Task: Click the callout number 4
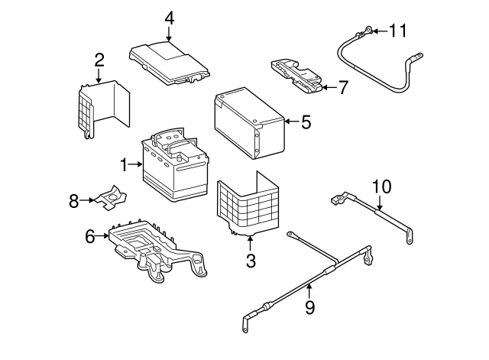click(x=170, y=18)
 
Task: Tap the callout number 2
click(x=99, y=60)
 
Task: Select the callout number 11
click(x=398, y=31)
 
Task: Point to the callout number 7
click(x=343, y=87)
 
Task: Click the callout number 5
click(x=306, y=122)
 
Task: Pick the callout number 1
click(x=124, y=165)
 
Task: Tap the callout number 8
click(x=73, y=201)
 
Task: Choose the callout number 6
click(x=90, y=236)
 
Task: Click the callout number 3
click(x=251, y=261)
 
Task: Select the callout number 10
click(x=382, y=186)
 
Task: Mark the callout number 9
click(x=309, y=307)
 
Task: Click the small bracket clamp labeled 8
click(x=111, y=197)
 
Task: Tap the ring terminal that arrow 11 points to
click(x=368, y=31)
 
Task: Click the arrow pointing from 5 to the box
click(x=292, y=122)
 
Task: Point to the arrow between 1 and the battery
click(x=135, y=164)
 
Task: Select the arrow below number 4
click(x=169, y=34)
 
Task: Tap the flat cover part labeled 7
click(x=296, y=75)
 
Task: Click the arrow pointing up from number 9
click(x=309, y=292)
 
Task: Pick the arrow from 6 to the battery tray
click(x=102, y=236)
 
